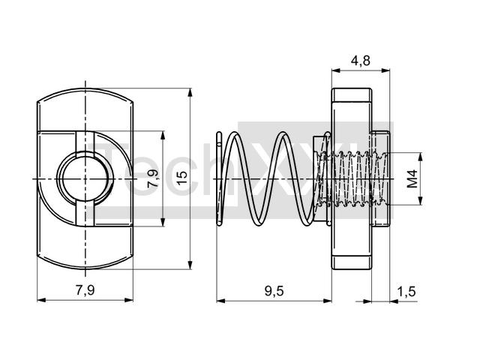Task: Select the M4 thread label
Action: pos(412,179)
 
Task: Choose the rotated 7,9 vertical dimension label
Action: pos(152,178)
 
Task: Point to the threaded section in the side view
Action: pos(352,178)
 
